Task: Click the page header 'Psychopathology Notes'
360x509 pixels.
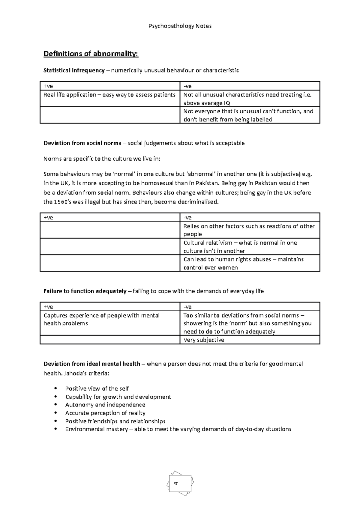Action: [x=180, y=26]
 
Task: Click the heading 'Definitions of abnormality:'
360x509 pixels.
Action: [x=91, y=54]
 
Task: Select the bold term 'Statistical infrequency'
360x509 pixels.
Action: [x=74, y=70]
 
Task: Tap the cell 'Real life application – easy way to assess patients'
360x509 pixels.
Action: [x=109, y=95]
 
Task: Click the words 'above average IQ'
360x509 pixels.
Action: [x=207, y=103]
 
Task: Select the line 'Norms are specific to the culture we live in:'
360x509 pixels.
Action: [x=102, y=159]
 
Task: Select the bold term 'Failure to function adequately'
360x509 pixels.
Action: [x=85, y=291]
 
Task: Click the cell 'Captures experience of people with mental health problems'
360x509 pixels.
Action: [x=101, y=319]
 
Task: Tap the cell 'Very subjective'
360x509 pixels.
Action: [x=204, y=340]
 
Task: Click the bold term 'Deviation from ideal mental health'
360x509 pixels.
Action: [x=92, y=364]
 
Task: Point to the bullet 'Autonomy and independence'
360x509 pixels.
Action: [x=105, y=405]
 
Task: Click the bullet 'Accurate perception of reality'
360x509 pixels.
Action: [x=105, y=413]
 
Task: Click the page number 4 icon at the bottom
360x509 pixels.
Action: [x=180, y=483]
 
